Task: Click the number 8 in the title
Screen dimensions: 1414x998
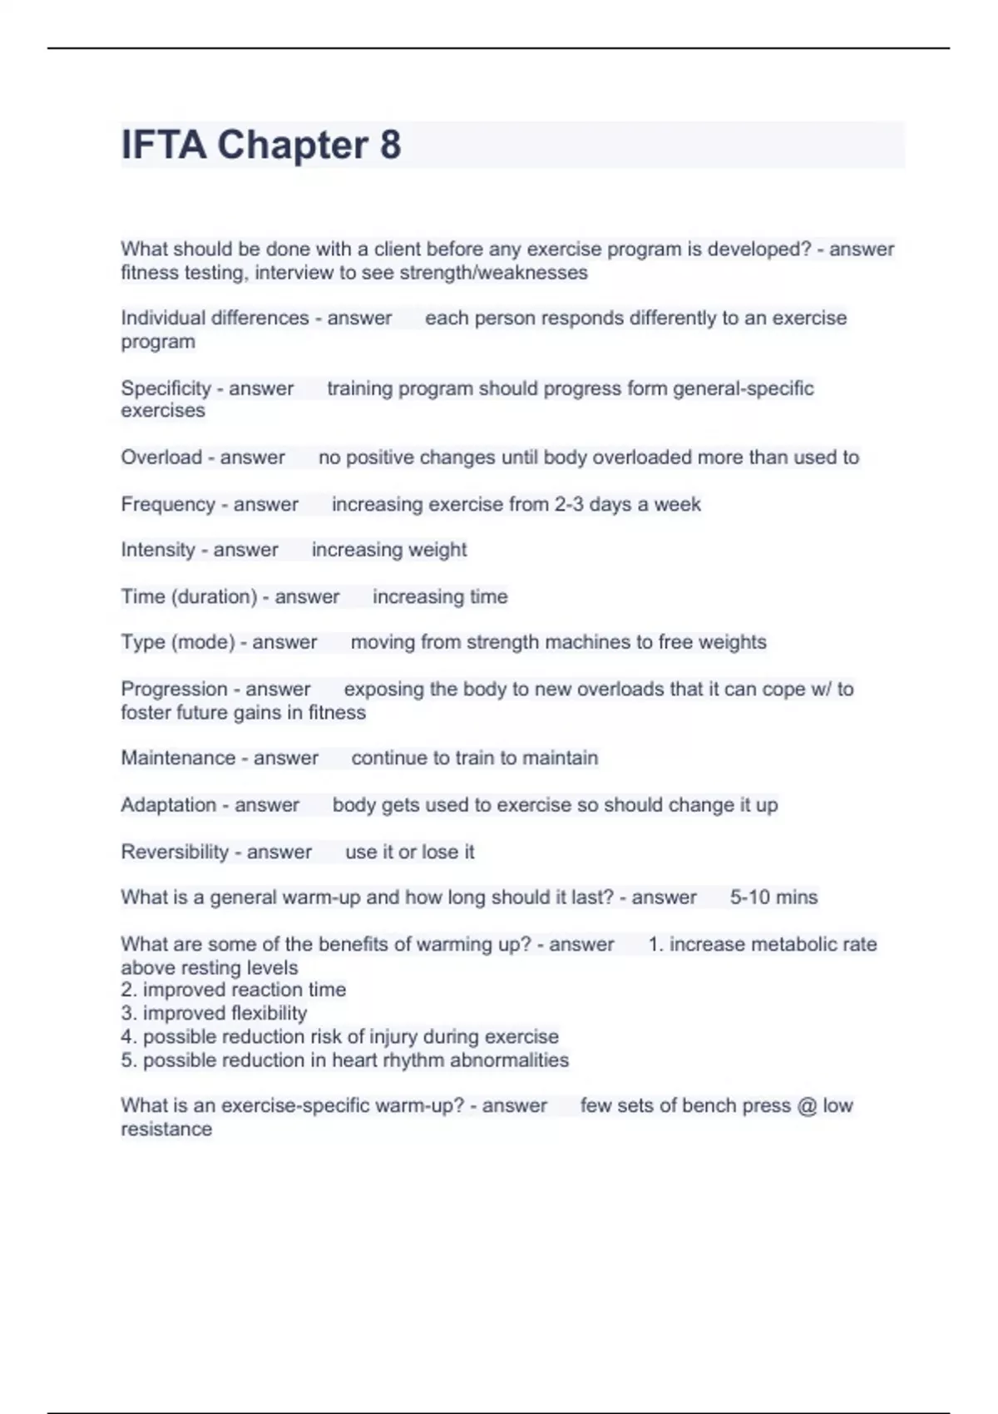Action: pyautogui.click(x=390, y=146)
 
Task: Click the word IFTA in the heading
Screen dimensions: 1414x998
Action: pyautogui.click(x=163, y=146)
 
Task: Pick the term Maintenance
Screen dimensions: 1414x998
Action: pyautogui.click(x=178, y=758)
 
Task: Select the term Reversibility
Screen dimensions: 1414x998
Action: pyautogui.click(x=175, y=852)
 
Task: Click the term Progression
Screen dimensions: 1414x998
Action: pyautogui.click(x=174, y=689)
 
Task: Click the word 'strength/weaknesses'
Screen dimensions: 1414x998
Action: pyautogui.click(x=493, y=273)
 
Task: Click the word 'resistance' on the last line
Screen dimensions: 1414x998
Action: pyautogui.click(x=166, y=1129)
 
